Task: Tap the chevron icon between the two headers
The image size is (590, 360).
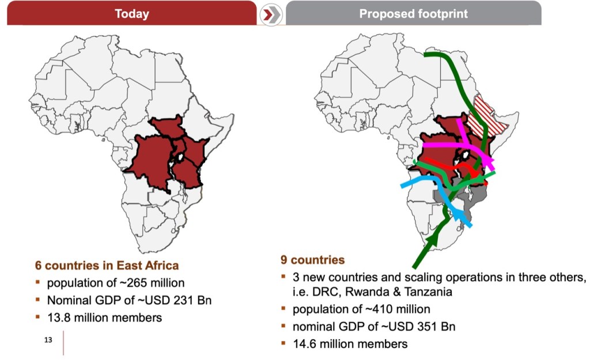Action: pyautogui.click(x=271, y=14)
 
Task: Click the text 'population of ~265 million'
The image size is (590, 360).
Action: pyautogui.click(x=115, y=283)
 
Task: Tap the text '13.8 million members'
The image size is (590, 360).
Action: pyautogui.click(x=104, y=317)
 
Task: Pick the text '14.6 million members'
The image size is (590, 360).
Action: pyautogui.click(x=350, y=344)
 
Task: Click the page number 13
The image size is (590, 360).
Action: pyautogui.click(x=48, y=340)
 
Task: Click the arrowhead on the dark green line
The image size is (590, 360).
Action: pyautogui.click(x=433, y=237)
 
